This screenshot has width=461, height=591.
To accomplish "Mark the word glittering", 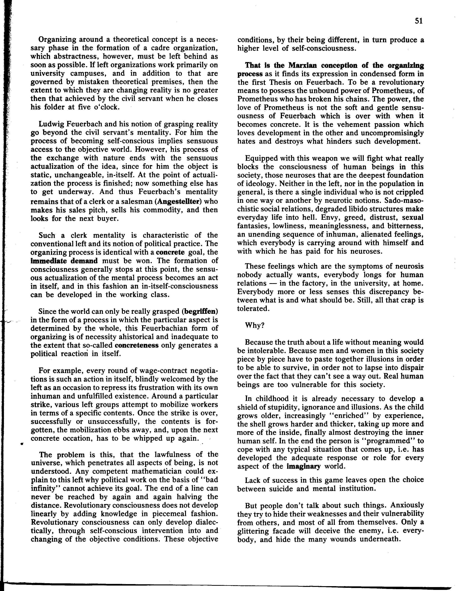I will (253, 531).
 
